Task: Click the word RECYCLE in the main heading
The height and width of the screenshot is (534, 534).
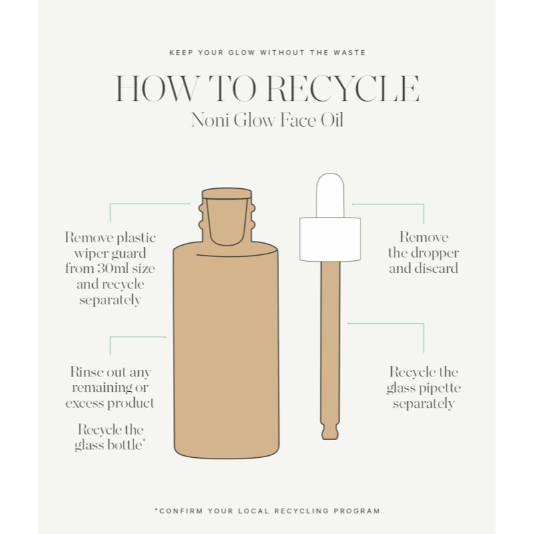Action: (x=342, y=89)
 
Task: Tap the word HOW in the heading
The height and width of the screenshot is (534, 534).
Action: (x=156, y=89)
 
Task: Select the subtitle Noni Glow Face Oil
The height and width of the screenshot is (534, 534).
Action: (x=267, y=120)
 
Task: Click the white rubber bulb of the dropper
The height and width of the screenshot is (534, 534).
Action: (x=330, y=195)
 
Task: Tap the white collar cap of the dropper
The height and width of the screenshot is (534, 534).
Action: (x=330, y=240)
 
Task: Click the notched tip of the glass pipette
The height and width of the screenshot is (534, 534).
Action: (x=330, y=431)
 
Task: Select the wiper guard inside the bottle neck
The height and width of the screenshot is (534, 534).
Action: (x=227, y=218)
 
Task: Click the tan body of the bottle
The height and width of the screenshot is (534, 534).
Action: (x=226, y=351)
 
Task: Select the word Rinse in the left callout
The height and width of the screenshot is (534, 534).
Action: (x=86, y=372)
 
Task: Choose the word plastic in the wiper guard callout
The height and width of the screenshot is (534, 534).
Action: (x=136, y=238)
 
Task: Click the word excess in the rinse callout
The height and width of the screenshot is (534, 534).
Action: (x=85, y=404)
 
